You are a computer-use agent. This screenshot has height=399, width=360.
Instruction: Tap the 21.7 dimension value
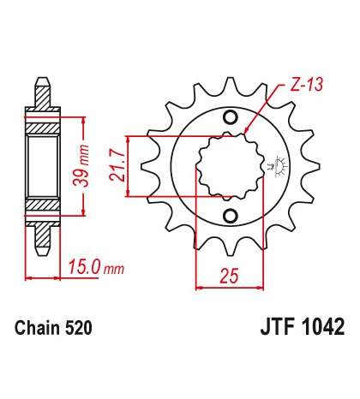pos(117,166)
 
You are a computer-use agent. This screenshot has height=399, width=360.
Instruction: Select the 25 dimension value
pos(229,276)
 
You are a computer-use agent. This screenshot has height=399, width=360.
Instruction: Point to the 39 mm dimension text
pos(81,165)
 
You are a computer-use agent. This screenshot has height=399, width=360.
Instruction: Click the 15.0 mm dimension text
pos(96,267)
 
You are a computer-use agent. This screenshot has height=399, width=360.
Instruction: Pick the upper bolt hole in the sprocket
pos(231,117)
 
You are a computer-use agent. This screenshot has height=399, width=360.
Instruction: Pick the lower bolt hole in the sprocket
pos(231,216)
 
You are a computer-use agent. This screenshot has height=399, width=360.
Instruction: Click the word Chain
pos(38,328)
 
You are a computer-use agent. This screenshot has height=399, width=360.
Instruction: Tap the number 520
pos(78,328)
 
